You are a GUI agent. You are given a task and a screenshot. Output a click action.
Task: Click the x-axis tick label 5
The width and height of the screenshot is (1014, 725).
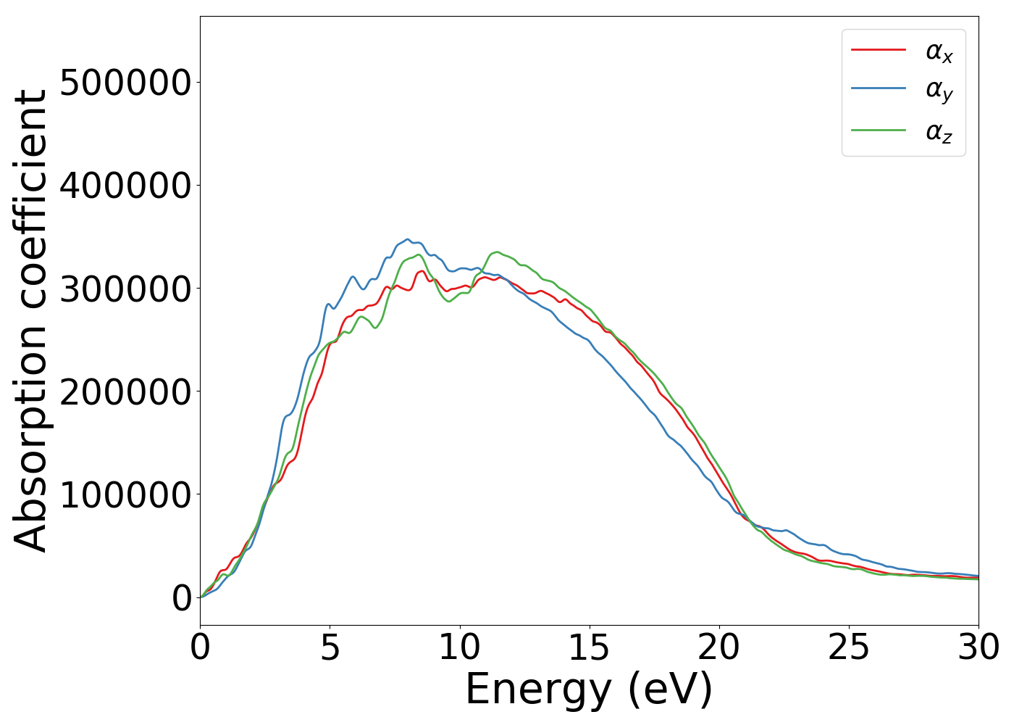point(330,647)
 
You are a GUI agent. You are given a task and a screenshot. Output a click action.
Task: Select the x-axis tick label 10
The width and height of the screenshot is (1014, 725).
point(459,647)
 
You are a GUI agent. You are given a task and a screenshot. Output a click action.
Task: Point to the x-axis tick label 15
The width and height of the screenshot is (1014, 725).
point(589,647)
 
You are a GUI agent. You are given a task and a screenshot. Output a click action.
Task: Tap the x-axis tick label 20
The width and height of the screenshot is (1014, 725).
point(718,647)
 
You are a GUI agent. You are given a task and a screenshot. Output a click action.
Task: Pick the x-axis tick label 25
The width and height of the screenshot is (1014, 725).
point(848,647)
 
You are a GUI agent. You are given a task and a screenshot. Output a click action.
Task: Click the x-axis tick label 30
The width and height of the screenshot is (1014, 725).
point(978,647)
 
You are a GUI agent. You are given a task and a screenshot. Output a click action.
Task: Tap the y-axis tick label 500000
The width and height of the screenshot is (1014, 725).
point(125,83)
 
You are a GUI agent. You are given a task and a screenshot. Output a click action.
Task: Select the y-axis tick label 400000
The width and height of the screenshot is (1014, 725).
point(125,186)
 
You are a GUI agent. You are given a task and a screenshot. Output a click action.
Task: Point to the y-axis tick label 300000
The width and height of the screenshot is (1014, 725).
point(125,289)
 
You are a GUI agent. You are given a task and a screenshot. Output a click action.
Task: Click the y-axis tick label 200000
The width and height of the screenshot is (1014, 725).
point(125,391)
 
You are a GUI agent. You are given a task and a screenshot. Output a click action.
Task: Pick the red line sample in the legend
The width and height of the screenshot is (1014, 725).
point(878,49)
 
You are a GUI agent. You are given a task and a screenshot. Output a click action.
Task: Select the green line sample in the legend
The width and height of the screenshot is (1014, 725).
point(878,130)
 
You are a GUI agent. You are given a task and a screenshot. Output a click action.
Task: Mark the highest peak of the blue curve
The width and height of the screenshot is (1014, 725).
point(408,239)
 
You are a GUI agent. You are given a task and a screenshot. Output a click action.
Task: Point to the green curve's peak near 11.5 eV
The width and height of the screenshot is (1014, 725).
point(497,252)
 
